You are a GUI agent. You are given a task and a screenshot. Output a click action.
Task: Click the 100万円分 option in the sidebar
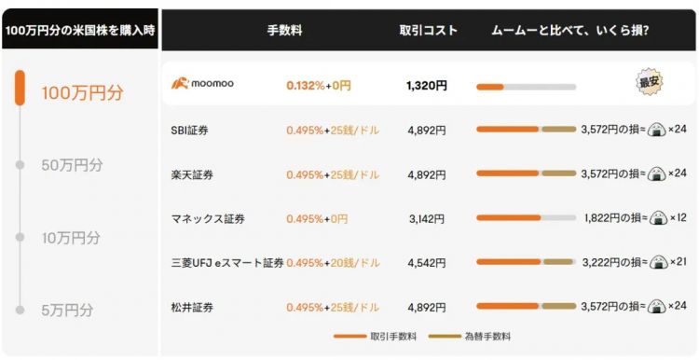point(82,93)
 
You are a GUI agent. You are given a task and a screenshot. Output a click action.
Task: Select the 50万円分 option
point(72,165)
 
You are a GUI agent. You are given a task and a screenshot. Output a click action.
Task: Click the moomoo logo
point(202,85)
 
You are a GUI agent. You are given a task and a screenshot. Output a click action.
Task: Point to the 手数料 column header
point(283,30)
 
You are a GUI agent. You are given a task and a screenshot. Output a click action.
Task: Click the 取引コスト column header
point(428,30)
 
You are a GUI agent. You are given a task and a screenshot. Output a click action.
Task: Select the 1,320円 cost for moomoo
point(427,86)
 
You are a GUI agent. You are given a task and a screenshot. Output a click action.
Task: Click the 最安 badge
point(650,83)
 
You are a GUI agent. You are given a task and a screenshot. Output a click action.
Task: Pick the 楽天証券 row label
point(190,174)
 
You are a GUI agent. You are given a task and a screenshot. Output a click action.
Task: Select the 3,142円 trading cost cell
point(427,219)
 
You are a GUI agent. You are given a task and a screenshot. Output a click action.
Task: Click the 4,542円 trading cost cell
point(427,263)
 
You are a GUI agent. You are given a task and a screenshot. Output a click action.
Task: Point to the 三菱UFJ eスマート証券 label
point(227,263)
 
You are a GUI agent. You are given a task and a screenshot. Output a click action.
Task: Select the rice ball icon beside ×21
point(658,263)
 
